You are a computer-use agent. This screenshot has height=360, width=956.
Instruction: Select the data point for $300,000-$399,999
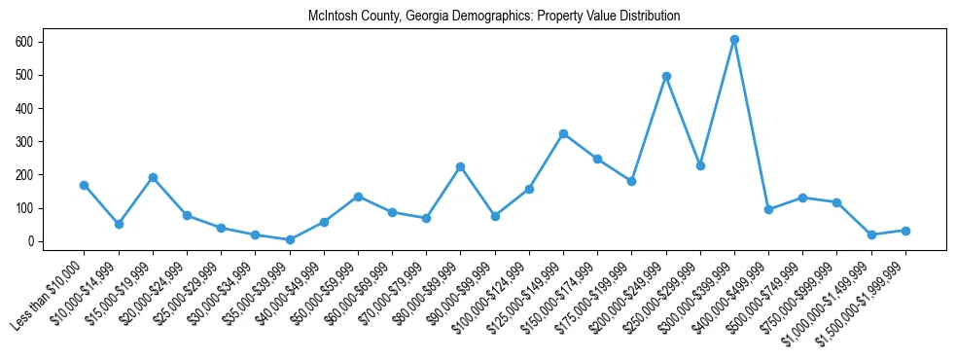734,40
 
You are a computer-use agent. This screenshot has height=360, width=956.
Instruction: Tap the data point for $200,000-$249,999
666,76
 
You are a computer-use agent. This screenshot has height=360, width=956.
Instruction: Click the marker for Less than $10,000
85,185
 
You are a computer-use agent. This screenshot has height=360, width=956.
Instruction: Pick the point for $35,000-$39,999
290,239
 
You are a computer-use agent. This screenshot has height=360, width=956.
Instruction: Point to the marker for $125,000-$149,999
563,133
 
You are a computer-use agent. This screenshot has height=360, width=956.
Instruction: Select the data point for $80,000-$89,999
460,166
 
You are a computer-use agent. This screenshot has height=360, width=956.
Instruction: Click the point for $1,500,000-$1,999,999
905,231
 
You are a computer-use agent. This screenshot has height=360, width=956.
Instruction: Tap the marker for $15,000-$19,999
153,177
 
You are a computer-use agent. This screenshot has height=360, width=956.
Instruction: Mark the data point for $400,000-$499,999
768,209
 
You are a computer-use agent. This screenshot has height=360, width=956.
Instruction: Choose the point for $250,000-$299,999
700,165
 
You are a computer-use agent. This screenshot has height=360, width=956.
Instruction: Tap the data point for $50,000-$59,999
358,197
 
